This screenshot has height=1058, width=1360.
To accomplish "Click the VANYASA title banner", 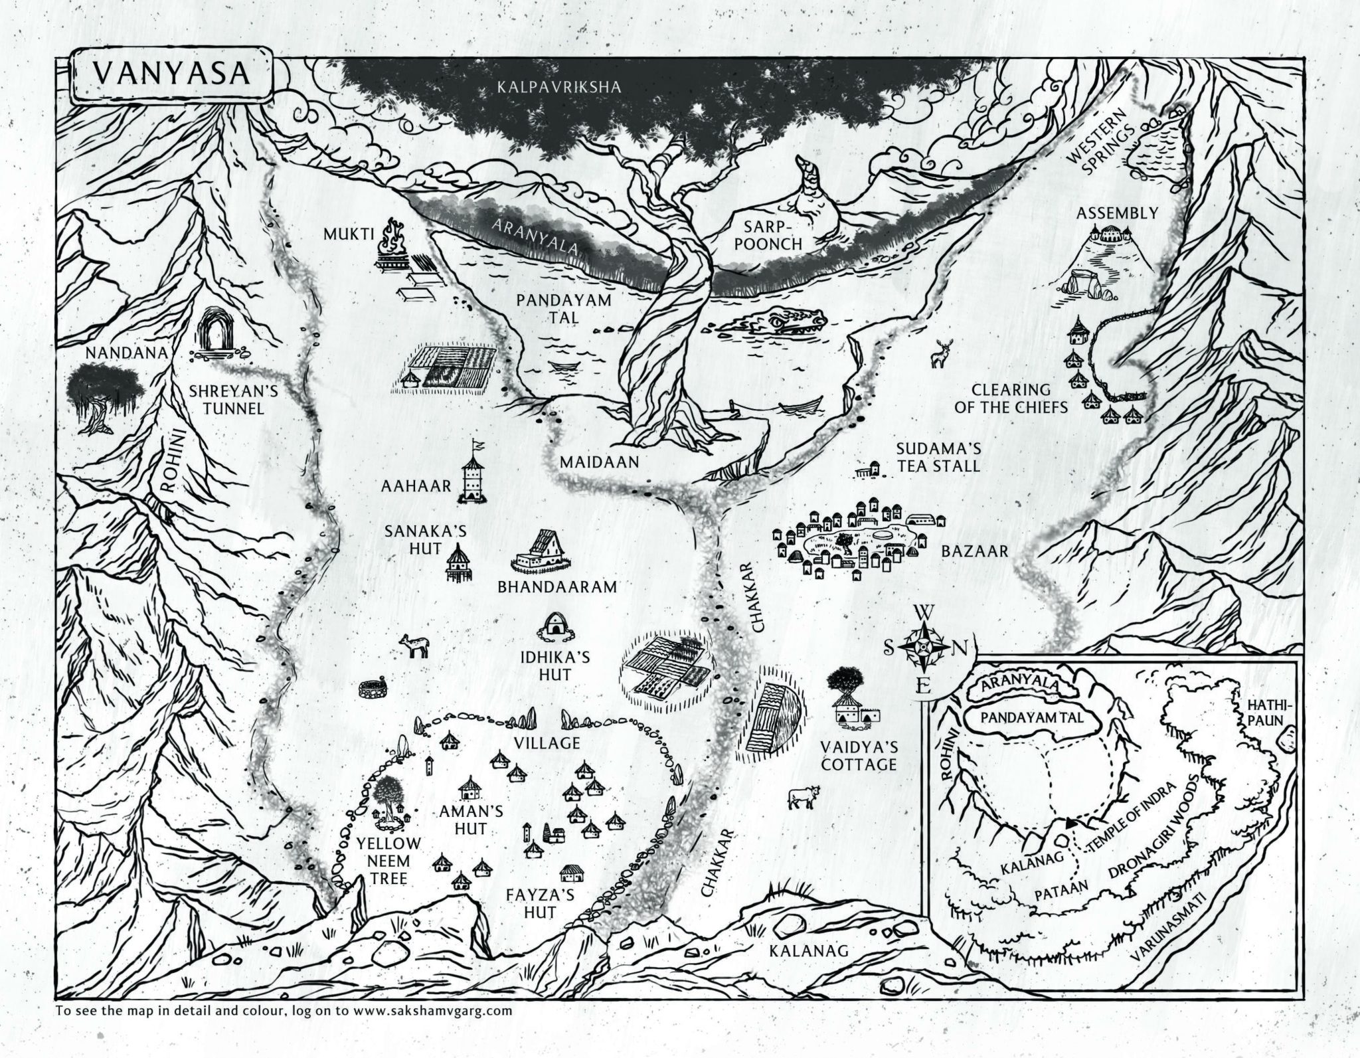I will click(171, 74).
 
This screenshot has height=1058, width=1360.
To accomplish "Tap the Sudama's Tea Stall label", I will click(938, 457).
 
